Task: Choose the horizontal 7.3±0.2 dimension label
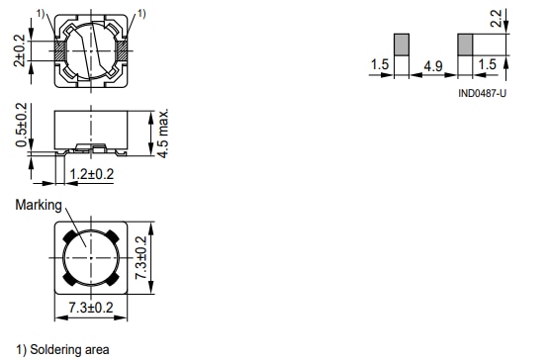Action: click(91, 311)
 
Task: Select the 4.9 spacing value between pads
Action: click(432, 65)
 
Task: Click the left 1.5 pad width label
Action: click(380, 65)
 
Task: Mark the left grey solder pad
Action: click(402, 45)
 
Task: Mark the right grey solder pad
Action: click(465, 45)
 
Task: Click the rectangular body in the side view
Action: click(91, 124)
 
